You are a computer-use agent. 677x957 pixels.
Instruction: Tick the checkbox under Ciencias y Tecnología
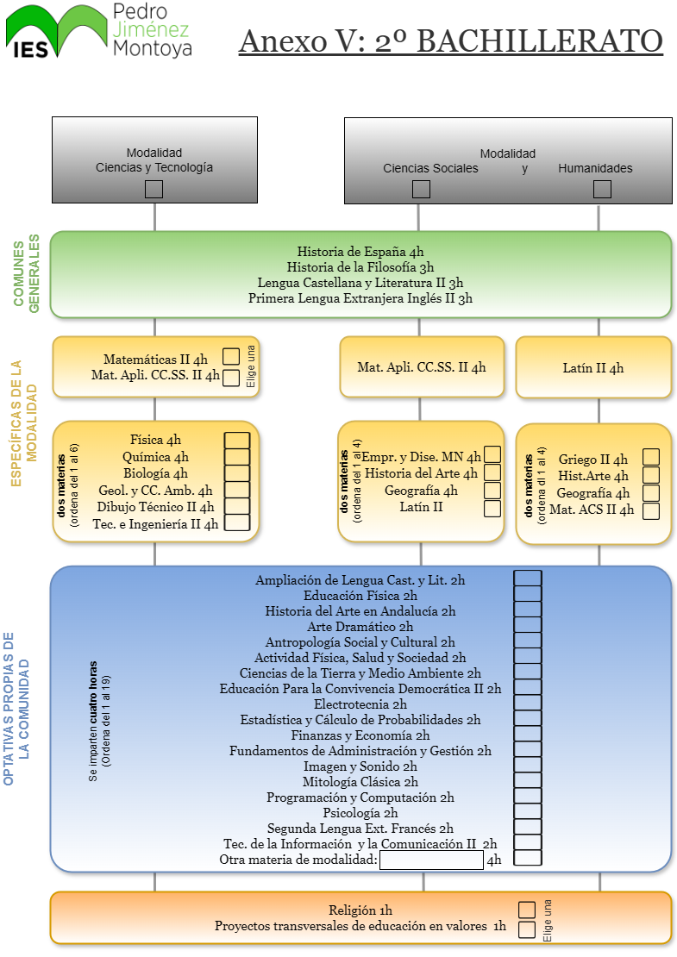tap(154, 189)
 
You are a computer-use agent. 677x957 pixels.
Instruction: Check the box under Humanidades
tap(602, 189)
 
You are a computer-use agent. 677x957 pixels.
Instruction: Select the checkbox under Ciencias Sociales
tap(421, 189)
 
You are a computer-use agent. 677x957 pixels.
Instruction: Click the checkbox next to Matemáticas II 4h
tap(231, 356)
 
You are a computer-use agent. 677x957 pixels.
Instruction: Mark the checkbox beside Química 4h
tap(237, 457)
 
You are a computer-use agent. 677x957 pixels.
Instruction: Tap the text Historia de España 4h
tap(360, 252)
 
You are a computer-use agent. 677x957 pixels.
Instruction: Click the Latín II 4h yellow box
tap(593, 367)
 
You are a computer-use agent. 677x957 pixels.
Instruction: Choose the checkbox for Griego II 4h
tap(651, 457)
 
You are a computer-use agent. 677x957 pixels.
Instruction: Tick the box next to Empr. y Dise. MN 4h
tap(492, 454)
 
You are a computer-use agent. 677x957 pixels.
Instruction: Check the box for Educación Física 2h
tap(528, 594)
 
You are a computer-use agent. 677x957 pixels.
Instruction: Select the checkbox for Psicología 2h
tap(528, 811)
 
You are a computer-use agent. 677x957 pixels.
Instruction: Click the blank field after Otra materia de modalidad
tap(431, 860)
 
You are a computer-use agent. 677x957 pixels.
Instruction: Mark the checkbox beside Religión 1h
tap(527, 910)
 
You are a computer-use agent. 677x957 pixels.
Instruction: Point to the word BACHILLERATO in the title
tap(540, 41)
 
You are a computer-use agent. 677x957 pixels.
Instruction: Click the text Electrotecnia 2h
tap(360, 704)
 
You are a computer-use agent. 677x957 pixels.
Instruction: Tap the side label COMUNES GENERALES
tap(26, 273)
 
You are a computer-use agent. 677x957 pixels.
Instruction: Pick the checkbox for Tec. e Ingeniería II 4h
tap(237, 522)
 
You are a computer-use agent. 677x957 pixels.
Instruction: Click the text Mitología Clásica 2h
tap(360, 782)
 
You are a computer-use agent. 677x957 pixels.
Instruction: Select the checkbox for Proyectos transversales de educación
tap(527, 929)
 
